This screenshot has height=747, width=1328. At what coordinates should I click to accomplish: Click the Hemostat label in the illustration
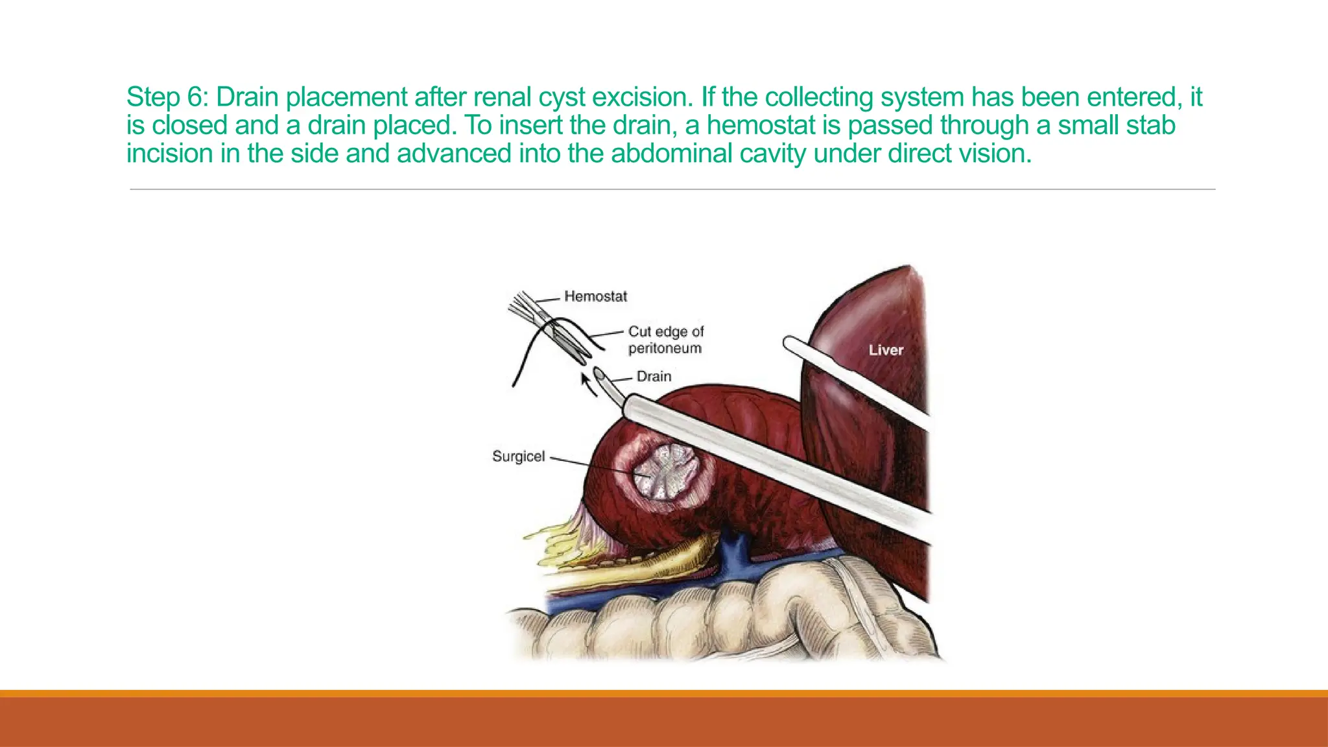tap(595, 296)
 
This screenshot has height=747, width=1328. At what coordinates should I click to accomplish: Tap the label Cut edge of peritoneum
tap(665, 340)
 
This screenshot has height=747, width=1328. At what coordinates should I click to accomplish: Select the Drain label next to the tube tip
tap(654, 376)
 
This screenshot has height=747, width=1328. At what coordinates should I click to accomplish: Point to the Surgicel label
tap(518, 456)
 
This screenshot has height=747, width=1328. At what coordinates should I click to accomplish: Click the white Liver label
tap(886, 350)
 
